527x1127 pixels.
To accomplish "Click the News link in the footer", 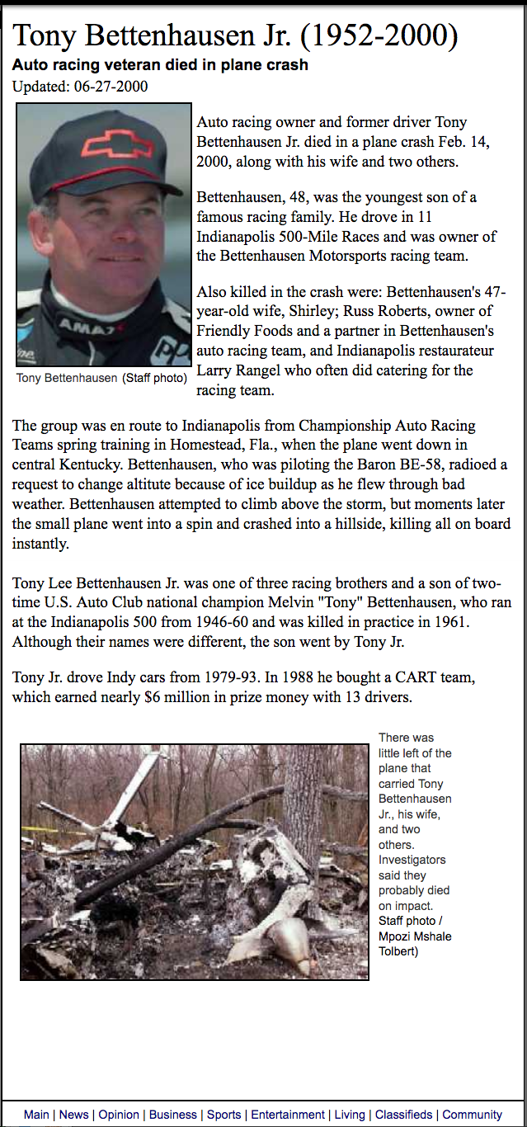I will [73, 1115].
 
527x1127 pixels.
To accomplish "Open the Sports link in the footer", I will [224, 1115].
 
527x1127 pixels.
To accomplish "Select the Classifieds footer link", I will [403, 1115].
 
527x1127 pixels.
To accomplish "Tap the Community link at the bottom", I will [472, 1115].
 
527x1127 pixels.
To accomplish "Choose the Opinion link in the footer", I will [119, 1115].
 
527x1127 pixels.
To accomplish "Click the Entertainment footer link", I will [288, 1115].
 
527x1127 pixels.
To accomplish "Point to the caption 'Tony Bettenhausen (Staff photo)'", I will [101, 378].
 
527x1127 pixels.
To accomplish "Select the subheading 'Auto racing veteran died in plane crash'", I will [160, 64].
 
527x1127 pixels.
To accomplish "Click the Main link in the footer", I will [36, 1115].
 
